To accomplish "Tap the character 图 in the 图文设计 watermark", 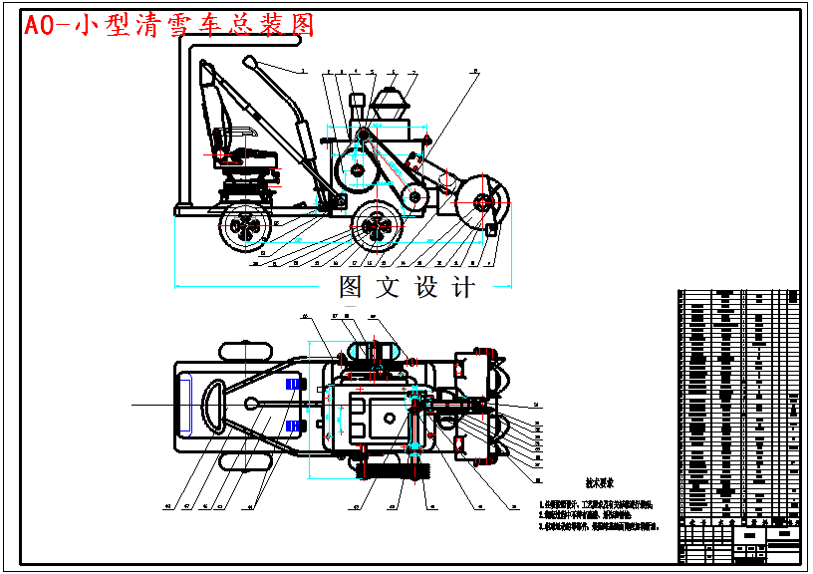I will [355, 288].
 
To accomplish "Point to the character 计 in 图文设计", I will [463, 288].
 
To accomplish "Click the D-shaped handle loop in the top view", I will [212, 404].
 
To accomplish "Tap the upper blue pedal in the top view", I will [292, 385].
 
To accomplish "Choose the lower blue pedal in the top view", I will [292, 426].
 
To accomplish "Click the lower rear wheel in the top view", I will [244, 458].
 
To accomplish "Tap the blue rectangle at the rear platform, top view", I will [186, 405].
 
